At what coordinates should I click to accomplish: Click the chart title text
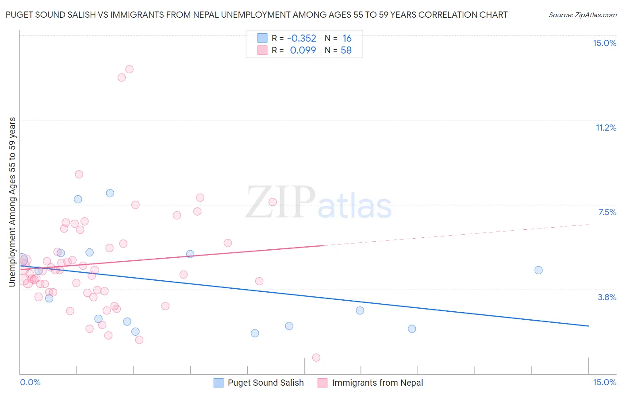click(x=257, y=15)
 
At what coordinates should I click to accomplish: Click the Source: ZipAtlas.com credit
click(x=582, y=15)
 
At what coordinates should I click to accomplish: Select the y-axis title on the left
click(x=12, y=202)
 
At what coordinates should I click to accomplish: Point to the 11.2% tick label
click(x=606, y=128)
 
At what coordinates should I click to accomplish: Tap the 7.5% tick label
click(x=607, y=212)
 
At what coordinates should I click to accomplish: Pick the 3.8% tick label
click(x=607, y=297)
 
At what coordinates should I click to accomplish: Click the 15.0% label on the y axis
click(x=604, y=43)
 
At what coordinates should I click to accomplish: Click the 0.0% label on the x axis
click(x=30, y=382)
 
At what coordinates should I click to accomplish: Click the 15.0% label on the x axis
click(x=604, y=382)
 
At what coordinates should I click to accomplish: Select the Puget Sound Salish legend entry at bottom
click(x=265, y=383)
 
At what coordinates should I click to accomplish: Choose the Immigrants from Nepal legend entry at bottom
click(x=377, y=383)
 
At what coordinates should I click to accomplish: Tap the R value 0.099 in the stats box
click(x=303, y=50)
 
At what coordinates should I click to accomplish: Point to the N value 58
click(x=346, y=50)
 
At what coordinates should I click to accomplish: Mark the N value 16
click(x=347, y=39)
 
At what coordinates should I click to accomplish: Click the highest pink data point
click(x=129, y=69)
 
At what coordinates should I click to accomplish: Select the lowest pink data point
click(x=316, y=357)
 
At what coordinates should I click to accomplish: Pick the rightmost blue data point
click(x=538, y=270)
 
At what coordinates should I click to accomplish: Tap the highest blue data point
click(x=110, y=193)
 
